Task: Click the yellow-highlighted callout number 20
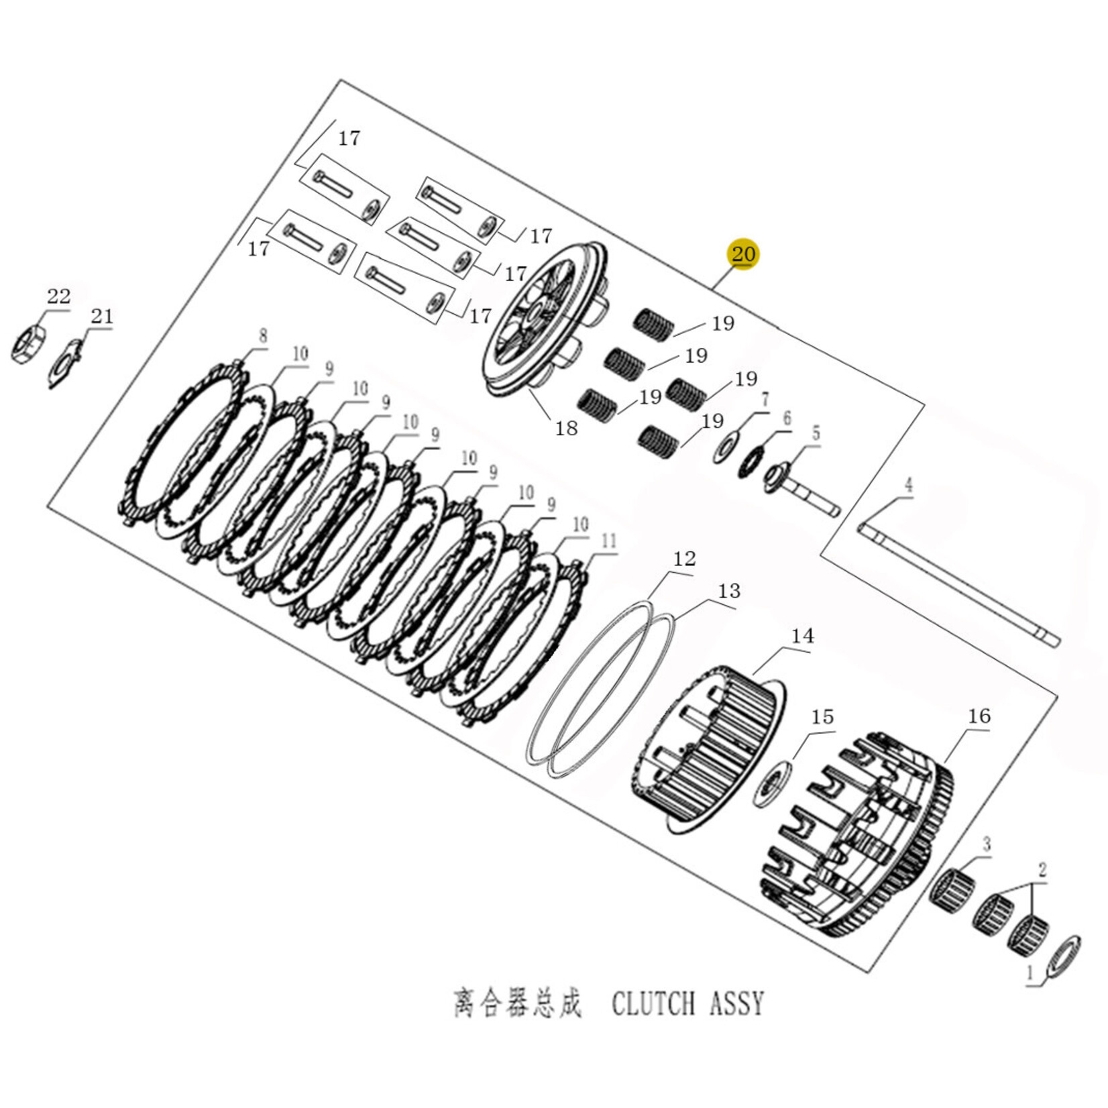743,254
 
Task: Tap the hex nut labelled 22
28,345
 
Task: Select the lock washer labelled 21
66,363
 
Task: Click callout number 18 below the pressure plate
566,428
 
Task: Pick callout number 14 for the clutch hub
802,635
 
